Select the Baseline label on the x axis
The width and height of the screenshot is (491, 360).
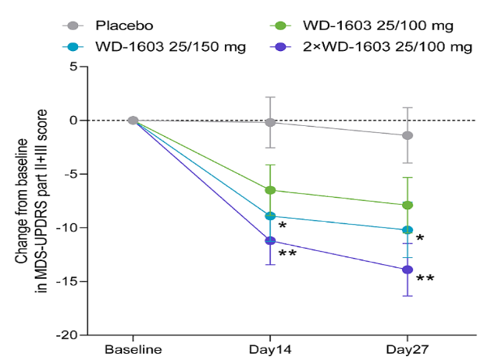click(133, 349)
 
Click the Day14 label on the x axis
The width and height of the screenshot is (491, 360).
click(271, 349)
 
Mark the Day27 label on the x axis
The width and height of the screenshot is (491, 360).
click(407, 349)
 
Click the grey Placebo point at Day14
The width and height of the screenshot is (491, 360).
click(270, 122)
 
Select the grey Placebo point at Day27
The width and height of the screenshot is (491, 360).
click(407, 136)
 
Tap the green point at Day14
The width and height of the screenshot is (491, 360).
click(270, 190)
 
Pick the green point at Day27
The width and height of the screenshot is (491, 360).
click(407, 205)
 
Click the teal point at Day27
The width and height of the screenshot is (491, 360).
click(407, 229)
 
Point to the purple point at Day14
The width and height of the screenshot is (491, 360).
click(270, 241)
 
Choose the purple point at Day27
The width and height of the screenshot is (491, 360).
click(407, 270)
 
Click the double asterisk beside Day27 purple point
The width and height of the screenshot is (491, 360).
click(425, 278)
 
